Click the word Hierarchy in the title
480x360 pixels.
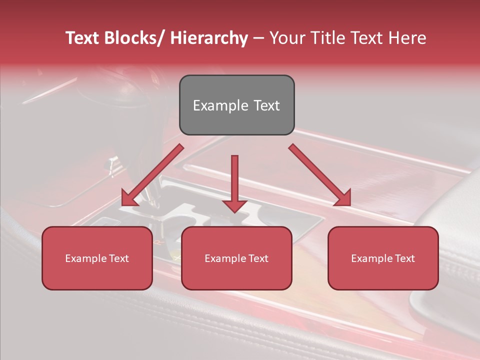click(209, 38)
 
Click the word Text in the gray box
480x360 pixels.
click(265, 105)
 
